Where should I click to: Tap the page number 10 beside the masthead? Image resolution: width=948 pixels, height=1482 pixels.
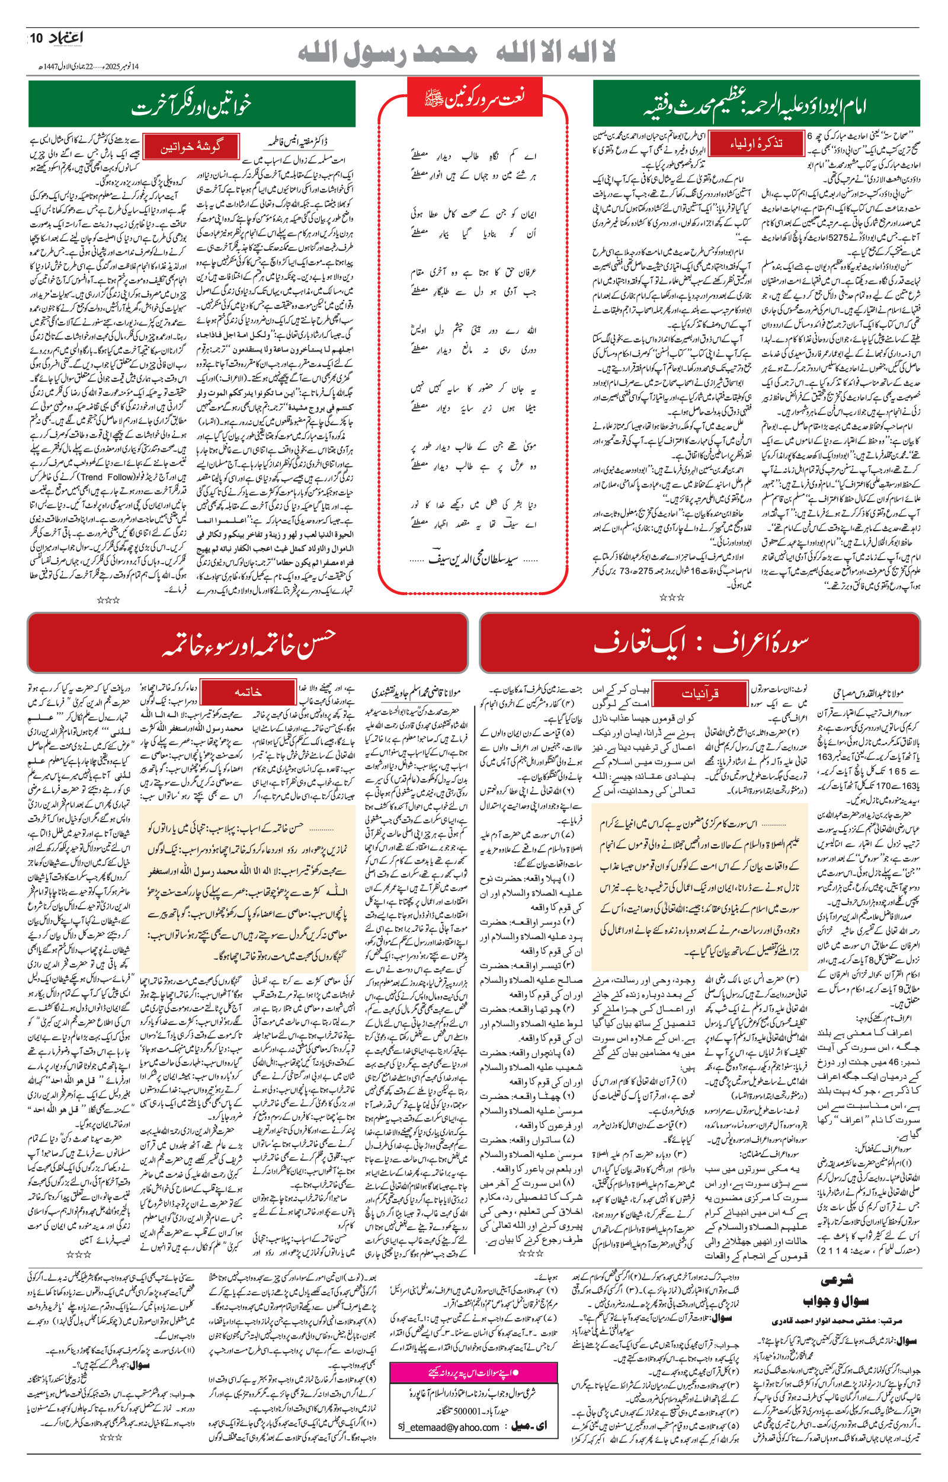click(34, 39)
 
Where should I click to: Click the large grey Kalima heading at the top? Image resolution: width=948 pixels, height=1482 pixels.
click(456, 54)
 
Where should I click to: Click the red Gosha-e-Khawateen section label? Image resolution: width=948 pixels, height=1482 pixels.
click(191, 147)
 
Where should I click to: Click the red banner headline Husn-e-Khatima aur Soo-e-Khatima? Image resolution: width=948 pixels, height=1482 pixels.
click(248, 642)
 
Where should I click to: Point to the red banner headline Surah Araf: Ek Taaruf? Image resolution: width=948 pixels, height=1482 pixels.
click(700, 642)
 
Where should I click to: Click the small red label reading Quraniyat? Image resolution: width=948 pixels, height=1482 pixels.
click(699, 694)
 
